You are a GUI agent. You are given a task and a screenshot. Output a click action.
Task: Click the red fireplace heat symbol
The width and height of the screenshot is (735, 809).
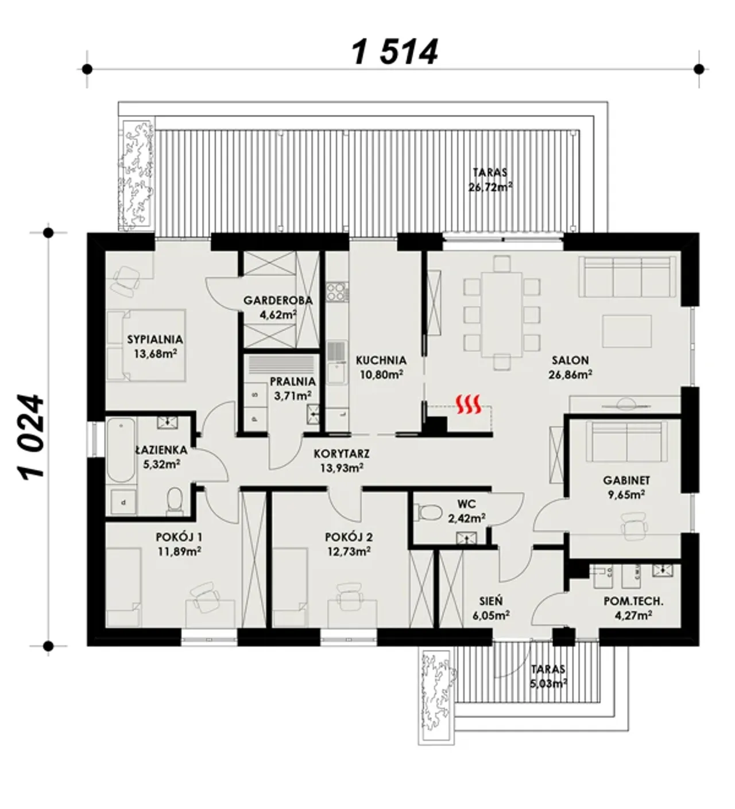[x=467, y=404]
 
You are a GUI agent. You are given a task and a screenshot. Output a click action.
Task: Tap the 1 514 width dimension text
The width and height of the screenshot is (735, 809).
[x=394, y=52]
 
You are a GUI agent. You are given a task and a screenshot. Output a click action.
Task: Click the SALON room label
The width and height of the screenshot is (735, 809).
[x=570, y=360]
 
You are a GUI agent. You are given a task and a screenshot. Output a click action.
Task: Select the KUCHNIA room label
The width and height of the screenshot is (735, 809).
[x=381, y=360]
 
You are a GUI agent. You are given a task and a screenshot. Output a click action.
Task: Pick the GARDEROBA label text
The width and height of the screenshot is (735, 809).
[x=278, y=300]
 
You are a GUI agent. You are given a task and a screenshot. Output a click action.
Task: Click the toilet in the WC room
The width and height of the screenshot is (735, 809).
[x=428, y=512]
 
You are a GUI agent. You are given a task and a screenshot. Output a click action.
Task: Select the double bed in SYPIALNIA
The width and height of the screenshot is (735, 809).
[x=146, y=345]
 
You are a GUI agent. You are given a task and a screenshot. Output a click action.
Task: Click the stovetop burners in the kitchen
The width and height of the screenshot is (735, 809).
[x=336, y=291]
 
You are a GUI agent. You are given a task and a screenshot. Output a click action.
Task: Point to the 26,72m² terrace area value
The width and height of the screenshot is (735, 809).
[x=490, y=187]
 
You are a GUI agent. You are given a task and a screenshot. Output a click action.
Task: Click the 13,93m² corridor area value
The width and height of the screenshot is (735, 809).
[x=342, y=468]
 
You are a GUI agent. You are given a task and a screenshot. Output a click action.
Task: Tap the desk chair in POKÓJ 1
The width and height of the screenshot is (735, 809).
[x=206, y=596]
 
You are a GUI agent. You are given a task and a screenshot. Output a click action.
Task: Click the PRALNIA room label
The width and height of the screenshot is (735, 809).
[x=293, y=381]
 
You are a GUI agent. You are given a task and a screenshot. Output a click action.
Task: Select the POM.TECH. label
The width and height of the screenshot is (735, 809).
[x=633, y=601]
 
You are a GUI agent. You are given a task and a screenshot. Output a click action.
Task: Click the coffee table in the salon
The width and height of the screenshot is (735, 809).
[x=626, y=331]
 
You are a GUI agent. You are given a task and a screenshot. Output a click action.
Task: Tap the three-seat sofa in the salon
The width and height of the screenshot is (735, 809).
[x=627, y=277]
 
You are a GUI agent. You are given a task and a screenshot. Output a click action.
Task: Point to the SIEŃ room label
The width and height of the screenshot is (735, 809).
[x=491, y=601]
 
